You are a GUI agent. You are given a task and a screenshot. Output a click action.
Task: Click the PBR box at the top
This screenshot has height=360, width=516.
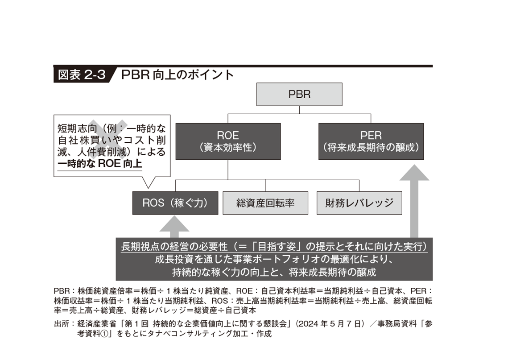tap(299, 95)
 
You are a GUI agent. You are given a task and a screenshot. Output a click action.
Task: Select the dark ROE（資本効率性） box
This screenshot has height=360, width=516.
tap(228, 141)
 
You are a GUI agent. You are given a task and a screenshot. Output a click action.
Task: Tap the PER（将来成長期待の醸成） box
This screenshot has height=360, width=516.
tap(371, 141)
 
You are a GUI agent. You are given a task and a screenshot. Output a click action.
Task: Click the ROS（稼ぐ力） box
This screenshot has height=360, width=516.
tap(175, 203)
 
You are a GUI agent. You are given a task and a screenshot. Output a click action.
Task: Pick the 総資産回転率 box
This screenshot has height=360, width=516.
tap(265, 203)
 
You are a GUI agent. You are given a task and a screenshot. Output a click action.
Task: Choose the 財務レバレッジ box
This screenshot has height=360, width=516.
tap(359, 203)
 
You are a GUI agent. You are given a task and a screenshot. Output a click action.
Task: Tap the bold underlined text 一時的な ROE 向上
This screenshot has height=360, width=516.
tap(99, 164)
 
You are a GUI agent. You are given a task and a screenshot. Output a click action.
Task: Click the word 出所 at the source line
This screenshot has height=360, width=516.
tap(61, 324)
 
